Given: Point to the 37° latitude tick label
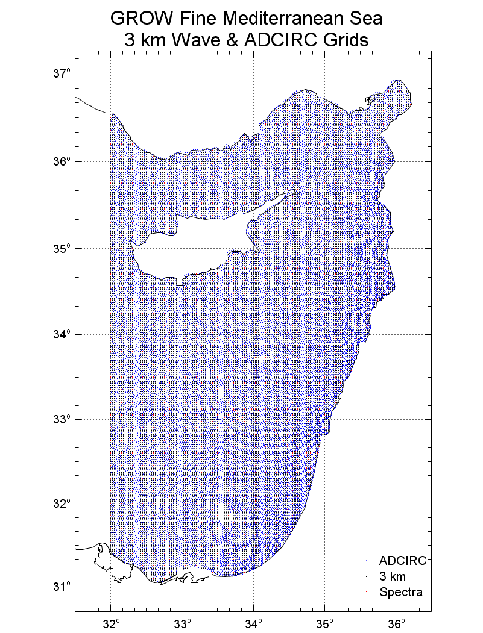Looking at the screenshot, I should [62, 74].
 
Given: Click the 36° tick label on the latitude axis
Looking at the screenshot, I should [62, 161].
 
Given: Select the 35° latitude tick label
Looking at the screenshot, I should [62, 248].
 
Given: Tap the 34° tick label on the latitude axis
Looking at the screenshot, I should [62, 334].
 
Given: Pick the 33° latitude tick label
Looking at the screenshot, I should [62, 419].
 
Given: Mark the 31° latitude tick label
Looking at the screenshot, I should [62, 587].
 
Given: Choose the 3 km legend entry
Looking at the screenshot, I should [393, 576].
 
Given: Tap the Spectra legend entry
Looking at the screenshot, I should [401, 593].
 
